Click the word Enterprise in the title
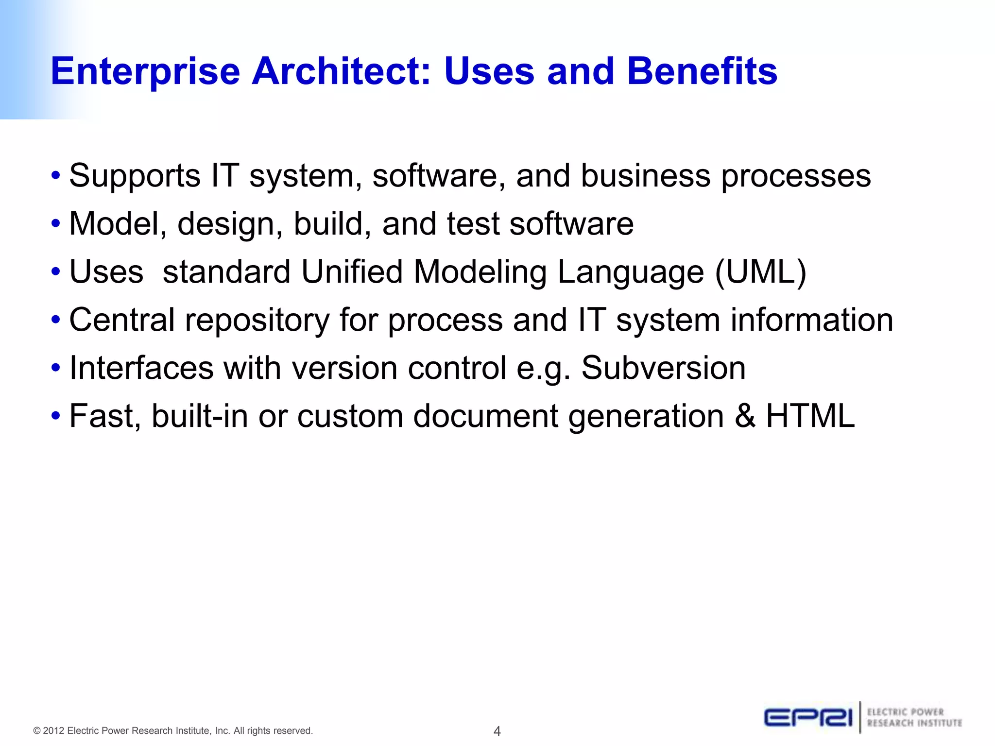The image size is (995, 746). tap(145, 72)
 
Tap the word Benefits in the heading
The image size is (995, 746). tap(702, 71)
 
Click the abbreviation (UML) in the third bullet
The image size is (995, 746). tap(760, 271)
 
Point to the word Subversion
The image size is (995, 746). tap(663, 368)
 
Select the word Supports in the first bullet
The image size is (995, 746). tap(135, 176)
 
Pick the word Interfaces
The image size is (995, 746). tap(141, 368)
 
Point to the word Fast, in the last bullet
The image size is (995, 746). tap(105, 417)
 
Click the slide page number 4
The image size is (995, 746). tap(497, 730)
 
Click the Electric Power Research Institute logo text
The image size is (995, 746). tap(914, 717)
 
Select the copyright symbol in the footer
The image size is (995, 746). tap(36, 731)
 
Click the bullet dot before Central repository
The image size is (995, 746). tap(56, 320)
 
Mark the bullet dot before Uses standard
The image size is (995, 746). tap(56, 272)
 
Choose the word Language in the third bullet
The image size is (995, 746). tap(631, 272)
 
